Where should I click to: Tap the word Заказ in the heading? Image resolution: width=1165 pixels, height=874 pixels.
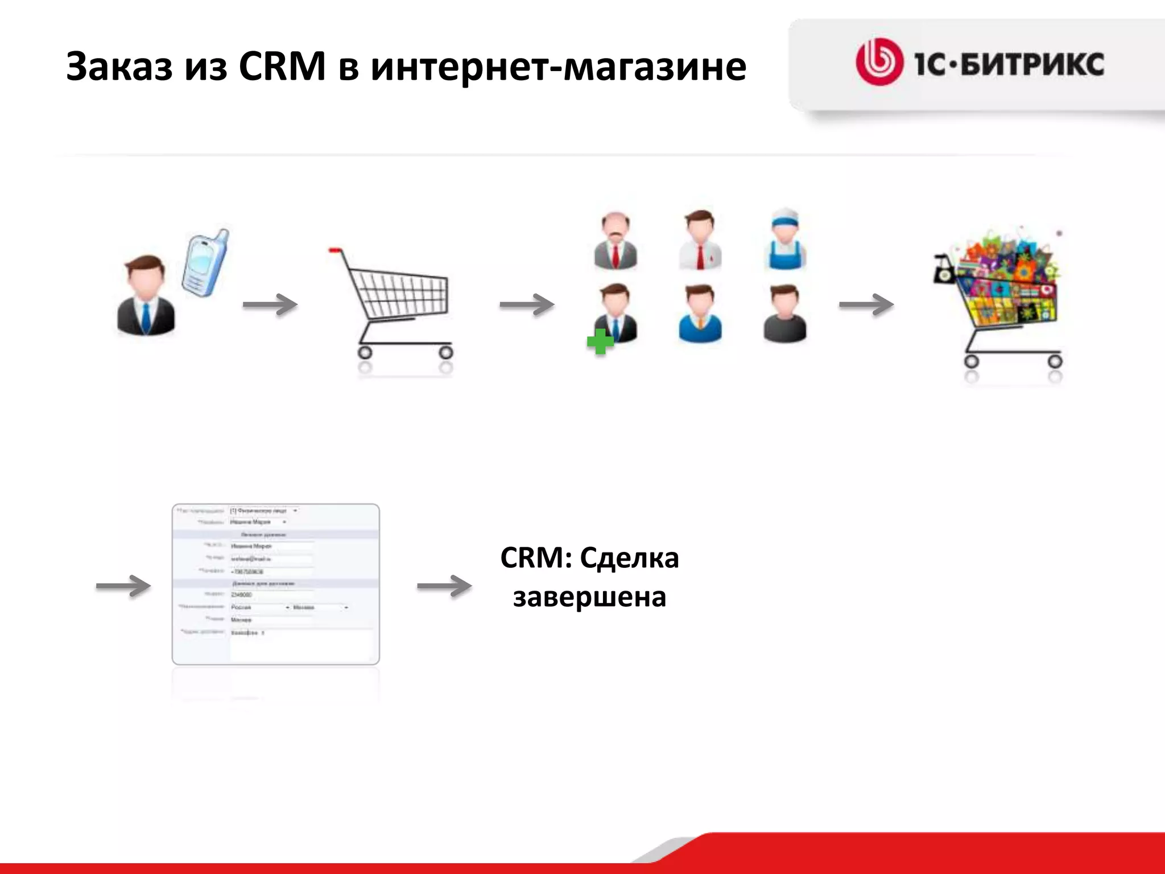(x=119, y=67)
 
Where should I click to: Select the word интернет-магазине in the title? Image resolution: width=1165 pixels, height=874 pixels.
(x=558, y=67)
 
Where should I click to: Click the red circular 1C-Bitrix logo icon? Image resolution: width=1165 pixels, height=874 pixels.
(x=879, y=62)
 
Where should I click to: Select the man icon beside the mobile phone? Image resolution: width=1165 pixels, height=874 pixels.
(x=146, y=296)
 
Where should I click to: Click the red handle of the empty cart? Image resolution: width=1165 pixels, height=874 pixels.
(x=336, y=250)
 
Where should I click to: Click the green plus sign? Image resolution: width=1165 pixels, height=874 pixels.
(x=600, y=341)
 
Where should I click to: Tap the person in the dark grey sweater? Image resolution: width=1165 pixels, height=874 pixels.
(x=784, y=314)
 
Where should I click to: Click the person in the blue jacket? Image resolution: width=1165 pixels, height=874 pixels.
(x=700, y=314)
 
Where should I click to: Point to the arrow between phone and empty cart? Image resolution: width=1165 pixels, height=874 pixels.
(x=270, y=304)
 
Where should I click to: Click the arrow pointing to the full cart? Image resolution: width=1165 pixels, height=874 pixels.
(x=866, y=304)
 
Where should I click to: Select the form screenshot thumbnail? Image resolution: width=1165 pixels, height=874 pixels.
(x=276, y=584)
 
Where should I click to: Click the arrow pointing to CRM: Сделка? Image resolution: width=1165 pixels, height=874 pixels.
(x=444, y=586)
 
